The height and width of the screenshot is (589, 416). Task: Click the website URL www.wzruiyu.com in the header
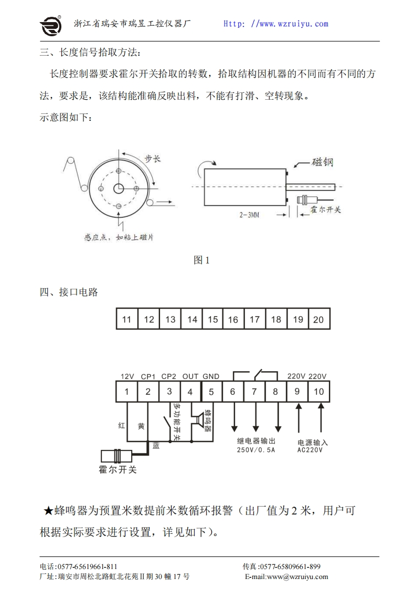[x=276, y=24]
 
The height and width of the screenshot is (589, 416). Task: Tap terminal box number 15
[x=213, y=319]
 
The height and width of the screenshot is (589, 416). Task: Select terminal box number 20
[x=318, y=319]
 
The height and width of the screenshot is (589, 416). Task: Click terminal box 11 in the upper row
[x=126, y=319]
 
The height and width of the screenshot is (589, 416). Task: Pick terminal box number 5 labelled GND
[x=211, y=392]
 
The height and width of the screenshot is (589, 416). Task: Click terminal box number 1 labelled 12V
[x=126, y=392]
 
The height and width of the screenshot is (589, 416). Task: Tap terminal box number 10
[x=318, y=392]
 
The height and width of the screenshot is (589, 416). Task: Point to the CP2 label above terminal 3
[x=169, y=376]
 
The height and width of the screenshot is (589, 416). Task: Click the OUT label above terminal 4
[x=190, y=376]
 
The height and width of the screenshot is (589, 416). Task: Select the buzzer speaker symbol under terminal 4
[x=199, y=420]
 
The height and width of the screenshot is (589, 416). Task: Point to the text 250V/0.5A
[x=256, y=450]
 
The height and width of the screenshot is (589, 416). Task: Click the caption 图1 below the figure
[x=201, y=260]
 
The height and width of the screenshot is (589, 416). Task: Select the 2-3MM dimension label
[x=249, y=215]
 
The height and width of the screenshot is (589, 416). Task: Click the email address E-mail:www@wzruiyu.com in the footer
[x=286, y=576]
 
